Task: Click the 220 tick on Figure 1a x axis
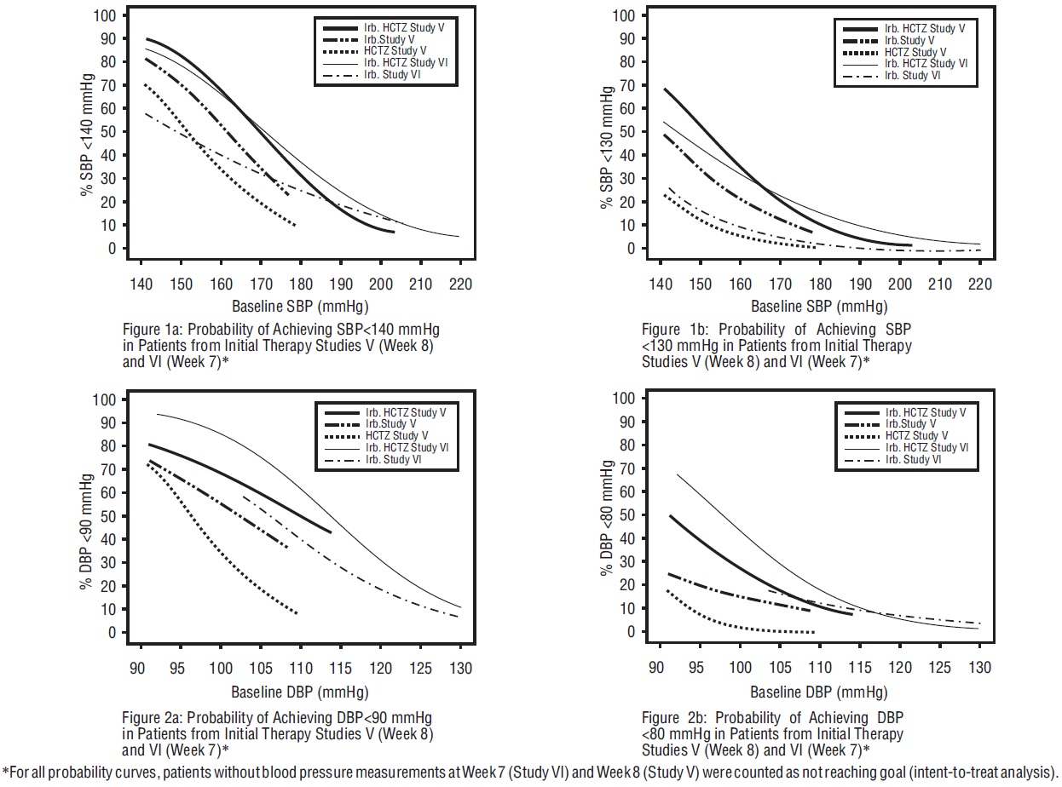[459, 282]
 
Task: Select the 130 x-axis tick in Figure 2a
[459, 667]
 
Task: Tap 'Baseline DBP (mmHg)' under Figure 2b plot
[819, 691]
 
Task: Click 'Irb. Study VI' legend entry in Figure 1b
[912, 75]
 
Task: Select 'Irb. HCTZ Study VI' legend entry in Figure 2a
[401, 448]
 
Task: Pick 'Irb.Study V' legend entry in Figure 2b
[909, 424]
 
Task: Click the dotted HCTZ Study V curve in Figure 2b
[733, 626]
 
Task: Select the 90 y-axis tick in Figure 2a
[108, 423]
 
